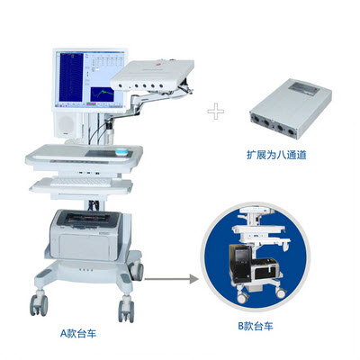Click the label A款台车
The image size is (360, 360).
[78, 334]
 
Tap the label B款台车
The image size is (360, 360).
[256, 326]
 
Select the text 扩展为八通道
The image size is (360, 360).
[276, 155]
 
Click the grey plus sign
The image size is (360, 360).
[216, 112]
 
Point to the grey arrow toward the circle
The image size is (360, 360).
[171, 279]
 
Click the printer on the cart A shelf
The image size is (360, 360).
[86, 235]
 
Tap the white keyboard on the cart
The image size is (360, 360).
[81, 182]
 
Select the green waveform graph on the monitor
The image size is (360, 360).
[103, 94]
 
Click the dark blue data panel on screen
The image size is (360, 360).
[71, 77]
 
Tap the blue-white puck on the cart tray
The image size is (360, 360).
[123, 153]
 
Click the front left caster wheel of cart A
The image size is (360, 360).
[39, 305]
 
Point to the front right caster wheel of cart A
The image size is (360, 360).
[126, 310]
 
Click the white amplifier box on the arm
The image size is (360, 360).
[152, 75]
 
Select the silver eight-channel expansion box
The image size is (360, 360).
[291, 108]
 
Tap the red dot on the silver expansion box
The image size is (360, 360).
[316, 90]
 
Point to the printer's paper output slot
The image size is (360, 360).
[87, 217]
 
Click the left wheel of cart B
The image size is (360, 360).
[242, 297]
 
